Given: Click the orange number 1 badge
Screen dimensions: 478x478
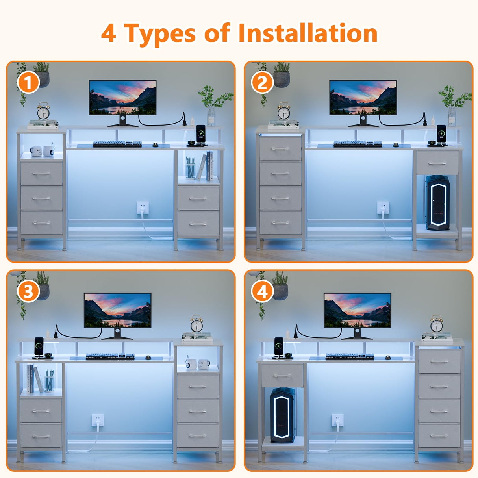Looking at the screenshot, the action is click(x=28, y=82).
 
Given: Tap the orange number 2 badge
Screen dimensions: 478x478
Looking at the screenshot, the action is click(x=262, y=82).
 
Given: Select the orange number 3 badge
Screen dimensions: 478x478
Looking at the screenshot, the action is click(x=28, y=291).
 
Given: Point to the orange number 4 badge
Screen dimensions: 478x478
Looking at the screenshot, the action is click(x=262, y=291).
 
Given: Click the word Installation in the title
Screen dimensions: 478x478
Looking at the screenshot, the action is click(x=308, y=33).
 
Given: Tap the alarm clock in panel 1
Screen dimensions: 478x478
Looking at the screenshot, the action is click(x=43, y=111).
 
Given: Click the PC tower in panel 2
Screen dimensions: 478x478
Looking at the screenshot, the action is click(x=437, y=202).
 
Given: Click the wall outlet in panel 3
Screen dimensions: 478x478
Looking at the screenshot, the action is click(x=98, y=420).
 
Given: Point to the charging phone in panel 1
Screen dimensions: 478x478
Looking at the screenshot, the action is click(x=201, y=134).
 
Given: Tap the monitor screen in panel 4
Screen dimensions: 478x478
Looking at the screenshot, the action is click(x=358, y=310).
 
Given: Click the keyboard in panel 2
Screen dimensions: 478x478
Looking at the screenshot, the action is click(x=358, y=144).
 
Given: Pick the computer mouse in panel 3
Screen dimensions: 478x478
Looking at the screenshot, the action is click(x=148, y=358).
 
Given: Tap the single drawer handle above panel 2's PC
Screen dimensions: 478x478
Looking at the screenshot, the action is click(x=437, y=163).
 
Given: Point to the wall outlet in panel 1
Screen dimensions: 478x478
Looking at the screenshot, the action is click(x=143, y=208).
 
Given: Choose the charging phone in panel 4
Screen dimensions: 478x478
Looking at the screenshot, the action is click(x=279, y=346).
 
